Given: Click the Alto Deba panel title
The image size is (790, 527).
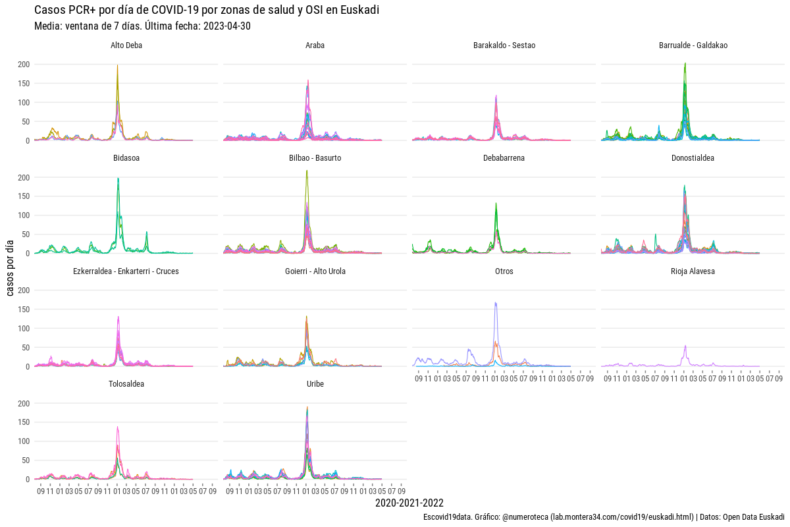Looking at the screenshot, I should click(x=126, y=45).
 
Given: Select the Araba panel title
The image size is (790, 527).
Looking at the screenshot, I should click(x=315, y=45).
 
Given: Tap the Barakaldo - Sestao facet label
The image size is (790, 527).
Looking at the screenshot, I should click(x=504, y=45).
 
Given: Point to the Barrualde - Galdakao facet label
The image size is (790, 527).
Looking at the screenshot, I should click(x=693, y=45).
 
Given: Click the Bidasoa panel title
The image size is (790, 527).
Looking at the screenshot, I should click(x=126, y=158).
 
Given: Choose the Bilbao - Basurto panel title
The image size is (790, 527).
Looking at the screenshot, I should click(x=315, y=158).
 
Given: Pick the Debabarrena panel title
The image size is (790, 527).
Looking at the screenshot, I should click(x=504, y=158).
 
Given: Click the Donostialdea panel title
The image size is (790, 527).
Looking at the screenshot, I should click(x=693, y=158).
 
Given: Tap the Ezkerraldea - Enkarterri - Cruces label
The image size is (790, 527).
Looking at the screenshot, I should click(x=126, y=271).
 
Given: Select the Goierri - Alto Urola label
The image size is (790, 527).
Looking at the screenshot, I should click(x=315, y=271).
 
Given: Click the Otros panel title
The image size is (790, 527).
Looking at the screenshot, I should click(x=504, y=271).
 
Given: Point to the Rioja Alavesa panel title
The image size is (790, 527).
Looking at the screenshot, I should click(x=693, y=271).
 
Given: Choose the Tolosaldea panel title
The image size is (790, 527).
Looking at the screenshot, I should click(x=126, y=384).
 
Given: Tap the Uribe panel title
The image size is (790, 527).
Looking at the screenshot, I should click(x=315, y=384).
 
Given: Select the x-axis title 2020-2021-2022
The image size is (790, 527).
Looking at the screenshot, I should click(x=409, y=503).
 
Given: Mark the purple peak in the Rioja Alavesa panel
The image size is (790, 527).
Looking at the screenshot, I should click(x=685, y=346).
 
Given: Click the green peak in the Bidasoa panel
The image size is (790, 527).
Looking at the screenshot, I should click(x=118, y=179).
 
